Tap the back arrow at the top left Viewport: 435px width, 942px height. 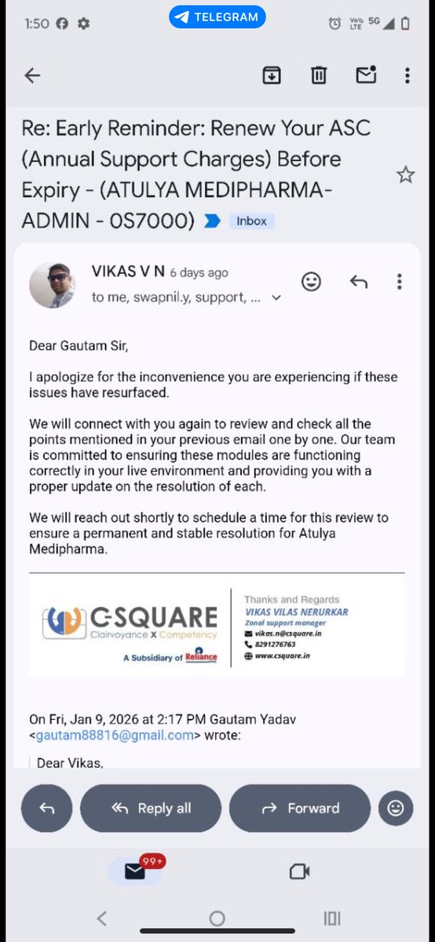tap(32, 75)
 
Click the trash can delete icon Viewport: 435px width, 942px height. tap(318, 75)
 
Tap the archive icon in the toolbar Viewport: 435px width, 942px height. tap(271, 75)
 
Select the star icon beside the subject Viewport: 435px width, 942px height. tap(405, 174)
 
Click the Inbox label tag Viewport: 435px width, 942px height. tap(251, 221)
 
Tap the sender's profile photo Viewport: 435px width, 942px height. tap(52, 285)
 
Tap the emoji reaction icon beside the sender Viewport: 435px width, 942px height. tap(311, 282)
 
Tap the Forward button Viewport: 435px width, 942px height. tap(299, 808)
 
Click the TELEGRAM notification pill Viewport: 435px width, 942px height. tap(217, 16)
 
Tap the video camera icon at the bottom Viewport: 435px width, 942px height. tap(299, 871)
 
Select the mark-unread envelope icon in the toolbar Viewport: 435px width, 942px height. tap(365, 75)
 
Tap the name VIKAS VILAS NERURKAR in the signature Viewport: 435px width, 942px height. tap(296, 612)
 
